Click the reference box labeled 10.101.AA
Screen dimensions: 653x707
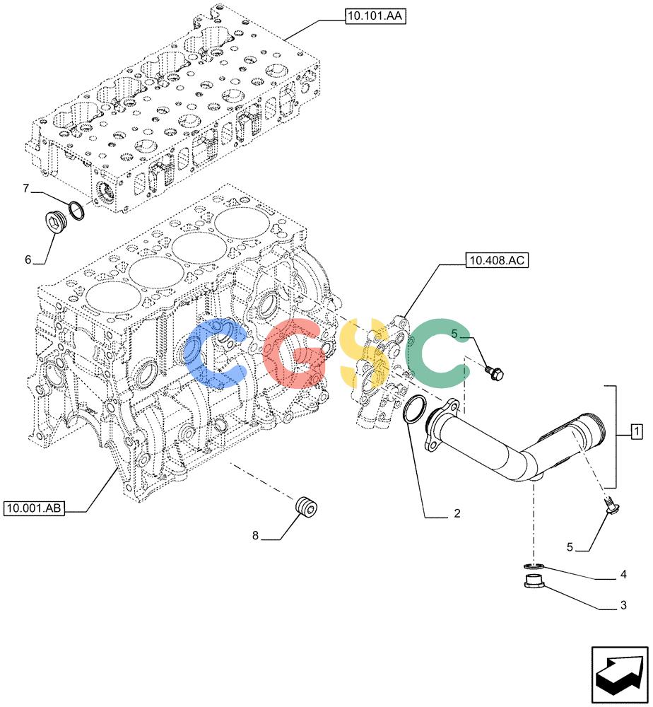pyautogui.click(x=375, y=17)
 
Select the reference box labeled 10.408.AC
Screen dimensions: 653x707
pyautogui.click(x=497, y=260)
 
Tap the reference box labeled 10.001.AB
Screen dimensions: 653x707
pyautogui.click(x=34, y=508)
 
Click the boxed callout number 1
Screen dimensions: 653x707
pyautogui.click(x=636, y=432)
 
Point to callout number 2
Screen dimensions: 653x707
pyautogui.click(x=457, y=513)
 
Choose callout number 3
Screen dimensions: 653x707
pyautogui.click(x=623, y=605)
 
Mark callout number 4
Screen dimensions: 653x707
pyautogui.click(x=623, y=574)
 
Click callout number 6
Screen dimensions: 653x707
pyautogui.click(x=28, y=259)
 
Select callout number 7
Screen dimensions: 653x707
pyautogui.click(x=26, y=189)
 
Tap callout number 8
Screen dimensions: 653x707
pyautogui.click(x=255, y=536)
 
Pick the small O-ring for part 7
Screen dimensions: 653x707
pyautogui.click(x=77, y=211)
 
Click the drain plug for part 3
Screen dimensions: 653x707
pyautogui.click(x=534, y=582)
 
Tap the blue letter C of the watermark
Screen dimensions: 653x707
pyautogui.click(x=216, y=353)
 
